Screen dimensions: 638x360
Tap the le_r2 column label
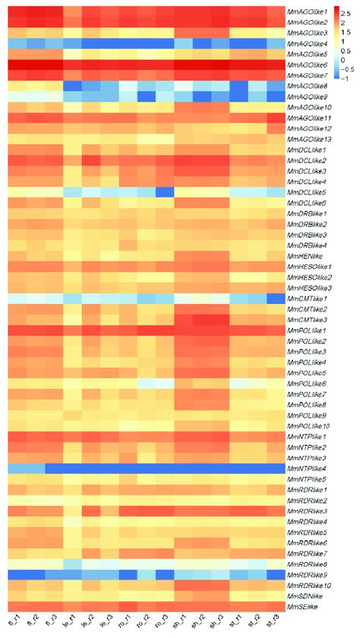pos(91,623)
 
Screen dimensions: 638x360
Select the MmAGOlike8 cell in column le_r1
pos(72,86)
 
